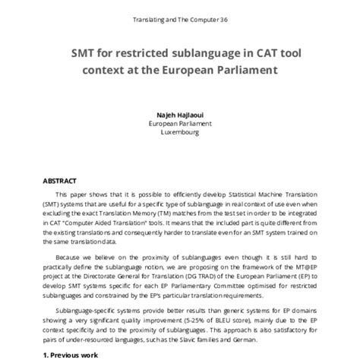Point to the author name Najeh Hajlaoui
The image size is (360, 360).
(179, 111)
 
